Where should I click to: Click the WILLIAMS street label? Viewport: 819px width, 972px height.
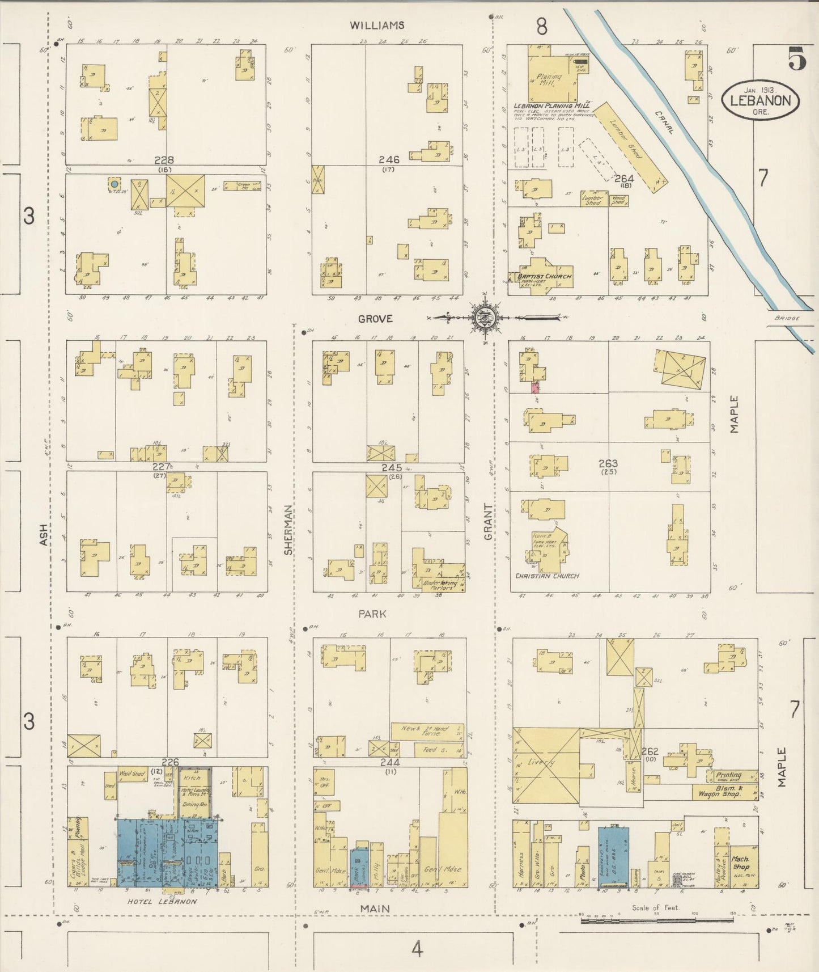point(377,26)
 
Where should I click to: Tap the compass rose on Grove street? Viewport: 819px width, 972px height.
point(485,318)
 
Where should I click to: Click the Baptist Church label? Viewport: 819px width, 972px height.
point(544,277)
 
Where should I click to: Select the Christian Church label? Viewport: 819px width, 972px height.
point(547,576)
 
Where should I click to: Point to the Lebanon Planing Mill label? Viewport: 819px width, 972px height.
point(551,105)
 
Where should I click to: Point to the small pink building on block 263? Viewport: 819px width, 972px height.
point(535,387)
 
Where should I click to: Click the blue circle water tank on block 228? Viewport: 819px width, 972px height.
point(114,184)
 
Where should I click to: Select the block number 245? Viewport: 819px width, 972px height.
point(392,468)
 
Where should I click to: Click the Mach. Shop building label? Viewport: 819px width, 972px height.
point(741,863)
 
